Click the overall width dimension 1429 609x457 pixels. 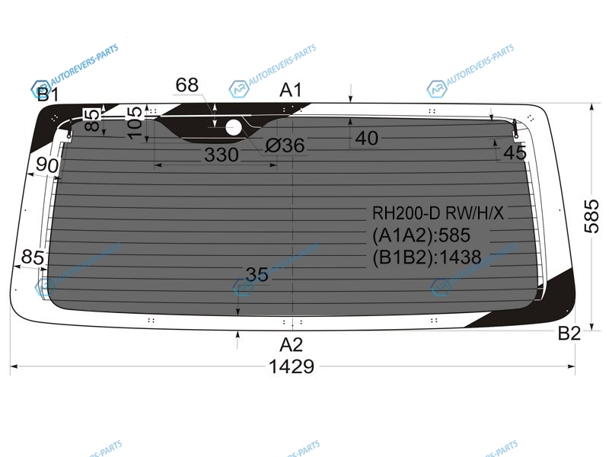[x=292, y=366]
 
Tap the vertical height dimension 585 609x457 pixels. [x=592, y=216]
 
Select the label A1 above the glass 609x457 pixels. [x=291, y=90]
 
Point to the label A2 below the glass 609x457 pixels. [x=292, y=344]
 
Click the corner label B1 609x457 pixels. [x=48, y=94]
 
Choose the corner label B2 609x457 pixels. [x=569, y=334]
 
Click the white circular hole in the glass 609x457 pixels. [x=234, y=127]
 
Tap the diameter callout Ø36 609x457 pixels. [x=285, y=145]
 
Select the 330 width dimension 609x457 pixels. [x=222, y=155]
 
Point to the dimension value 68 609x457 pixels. [x=187, y=85]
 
